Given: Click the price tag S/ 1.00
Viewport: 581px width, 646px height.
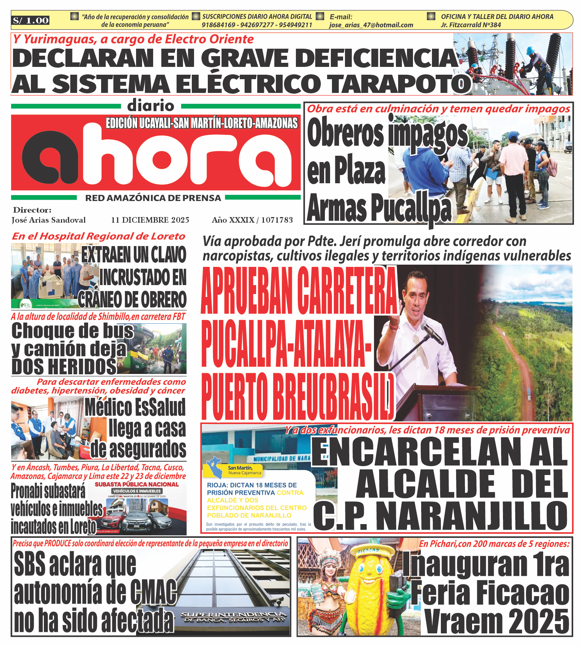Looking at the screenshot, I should [x=30, y=20].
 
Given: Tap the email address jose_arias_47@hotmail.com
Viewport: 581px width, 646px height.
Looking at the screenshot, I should [x=371, y=25].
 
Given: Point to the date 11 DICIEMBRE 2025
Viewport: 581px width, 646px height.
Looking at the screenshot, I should [x=150, y=220].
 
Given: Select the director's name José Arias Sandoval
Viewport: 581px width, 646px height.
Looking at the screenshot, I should [x=49, y=220].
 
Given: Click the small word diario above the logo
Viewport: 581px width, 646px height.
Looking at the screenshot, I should [x=151, y=106].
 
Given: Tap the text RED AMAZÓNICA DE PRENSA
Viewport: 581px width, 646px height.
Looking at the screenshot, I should [x=153, y=198].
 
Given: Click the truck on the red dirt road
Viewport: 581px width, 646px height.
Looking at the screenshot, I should [x=529, y=395].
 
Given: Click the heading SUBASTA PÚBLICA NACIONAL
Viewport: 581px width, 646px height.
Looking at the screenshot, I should [x=137, y=484].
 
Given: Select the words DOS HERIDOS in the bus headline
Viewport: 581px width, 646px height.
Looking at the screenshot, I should [x=64, y=366].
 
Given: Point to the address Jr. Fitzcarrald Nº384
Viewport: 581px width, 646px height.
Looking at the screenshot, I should [x=471, y=25].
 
